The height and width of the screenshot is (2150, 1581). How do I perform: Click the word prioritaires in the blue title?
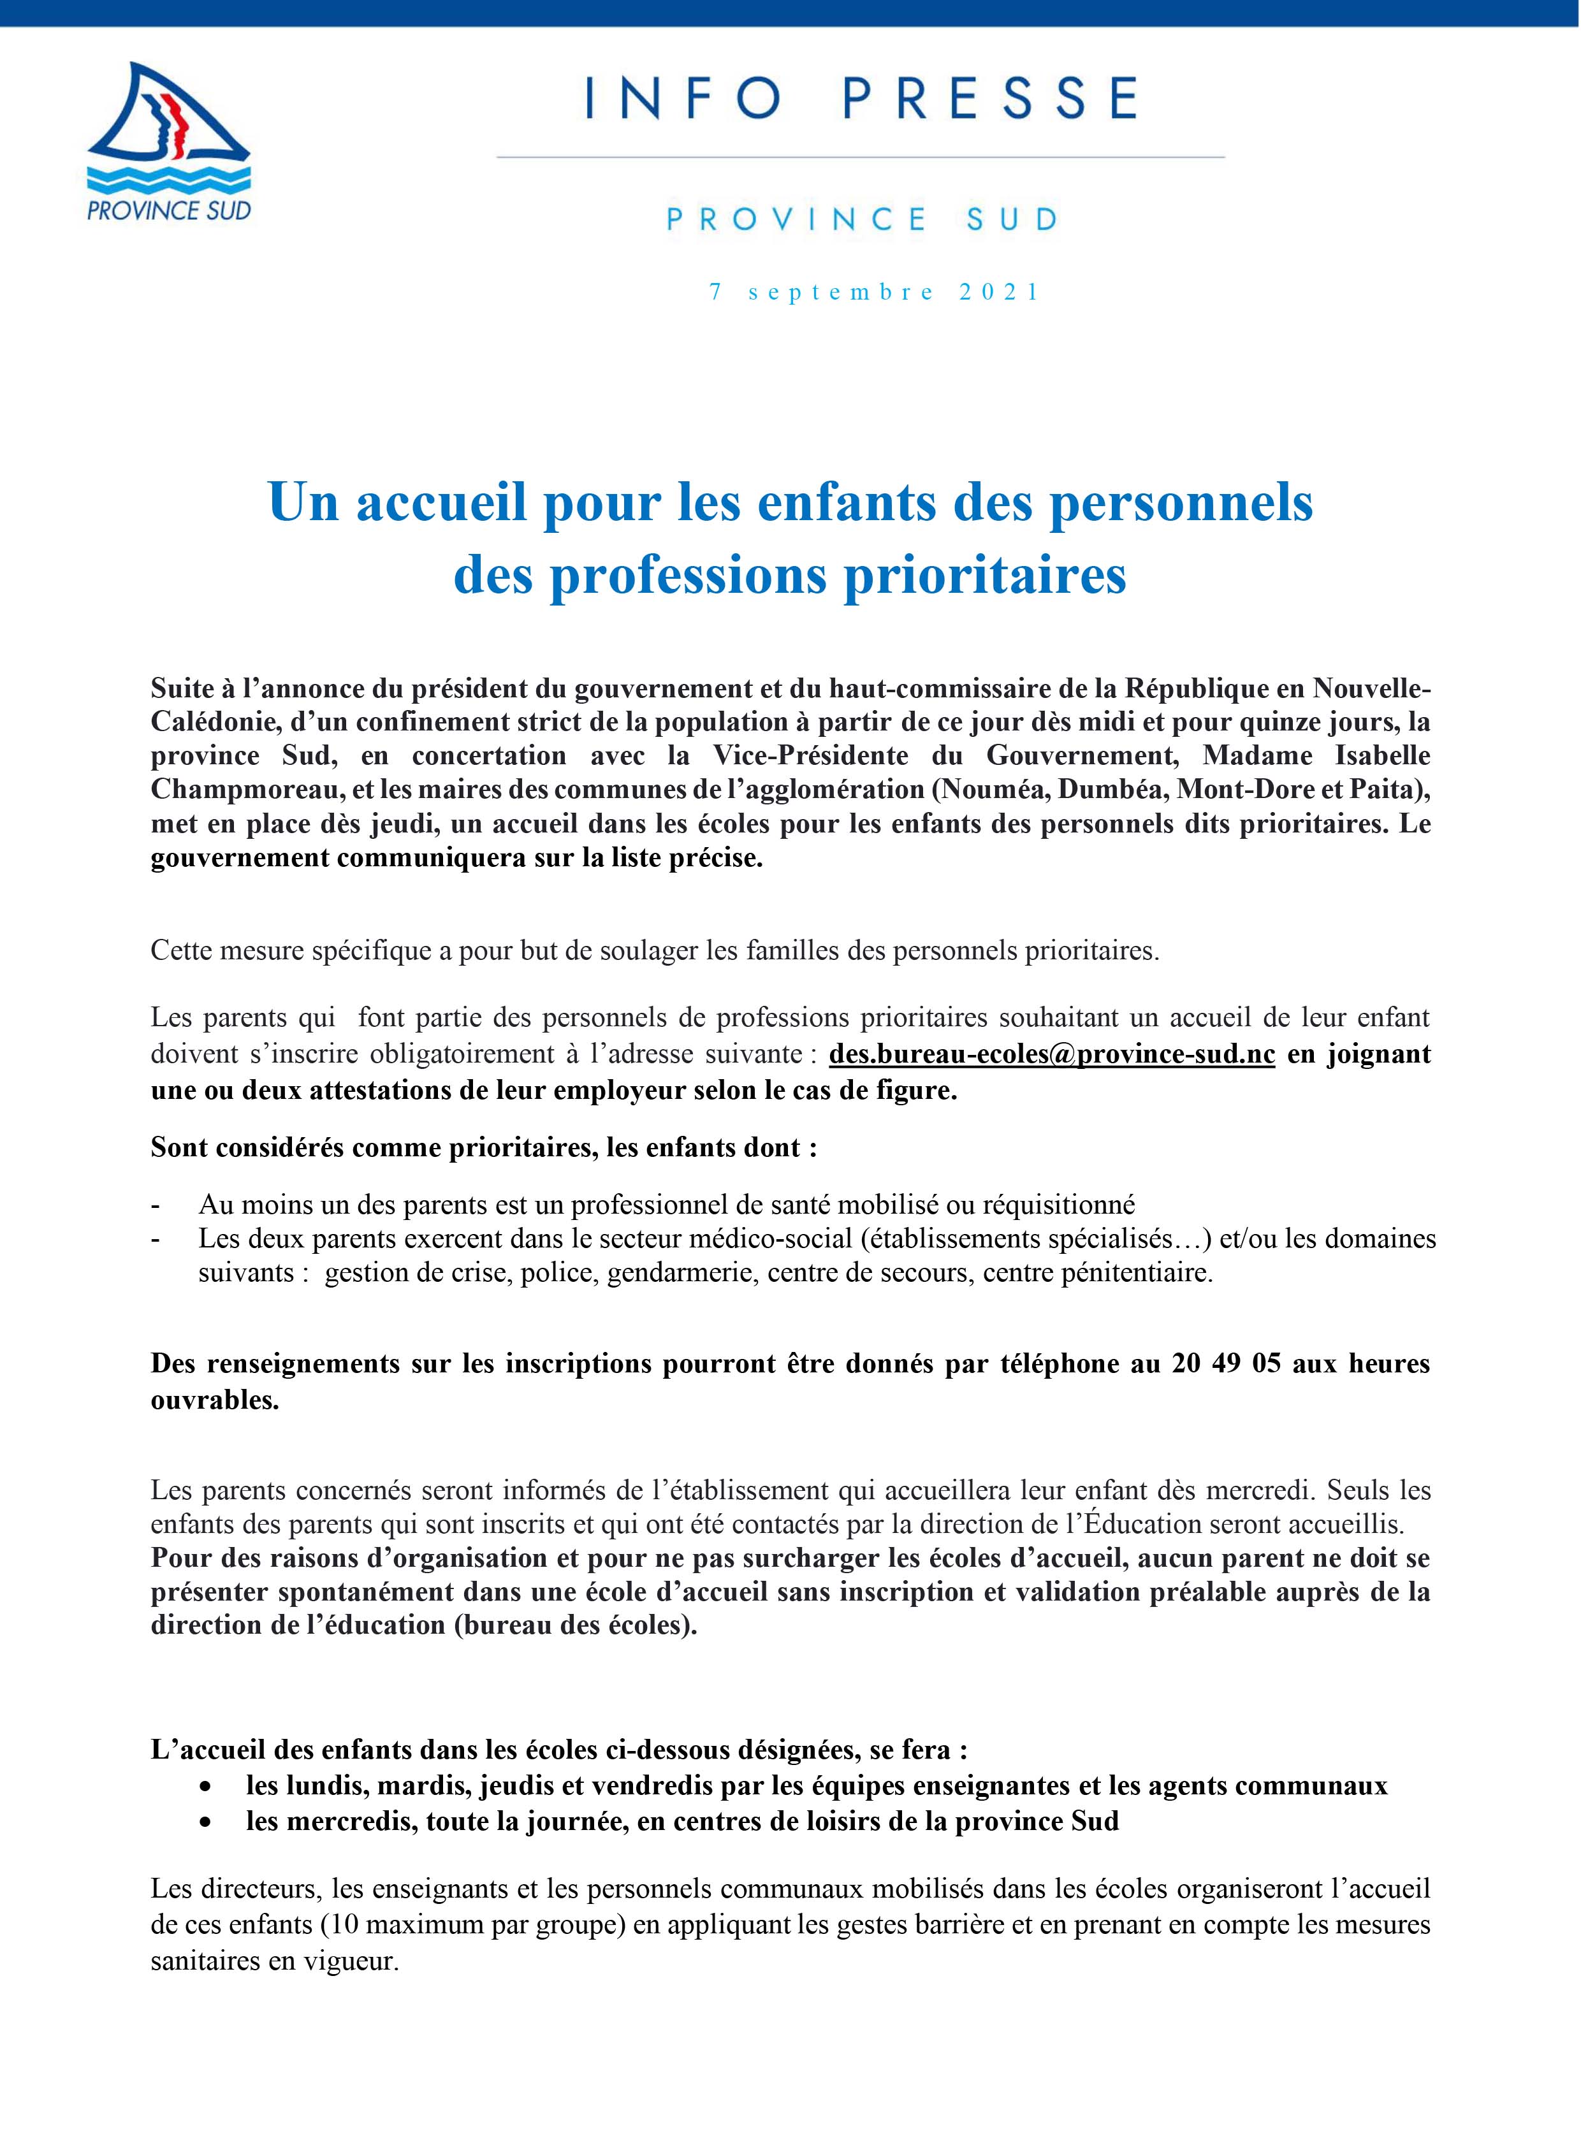(x=985, y=574)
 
